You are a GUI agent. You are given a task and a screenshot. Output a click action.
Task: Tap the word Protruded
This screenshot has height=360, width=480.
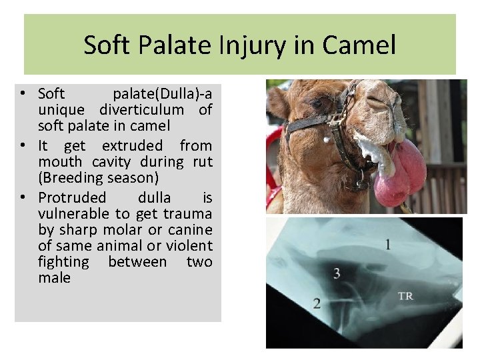click(72, 197)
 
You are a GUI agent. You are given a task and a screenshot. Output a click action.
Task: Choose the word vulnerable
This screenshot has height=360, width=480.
click(74, 213)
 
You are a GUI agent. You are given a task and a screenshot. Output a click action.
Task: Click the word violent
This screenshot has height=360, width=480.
click(189, 245)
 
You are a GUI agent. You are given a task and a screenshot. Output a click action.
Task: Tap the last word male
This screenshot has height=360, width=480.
click(54, 277)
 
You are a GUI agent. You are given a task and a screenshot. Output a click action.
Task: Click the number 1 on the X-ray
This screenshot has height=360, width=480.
click(387, 245)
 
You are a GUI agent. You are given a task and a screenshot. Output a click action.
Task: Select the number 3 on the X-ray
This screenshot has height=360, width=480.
click(337, 273)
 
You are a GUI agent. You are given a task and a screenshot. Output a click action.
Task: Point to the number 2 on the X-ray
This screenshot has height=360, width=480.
click(317, 303)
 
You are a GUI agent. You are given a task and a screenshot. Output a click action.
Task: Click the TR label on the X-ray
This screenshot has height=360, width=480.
click(405, 295)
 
